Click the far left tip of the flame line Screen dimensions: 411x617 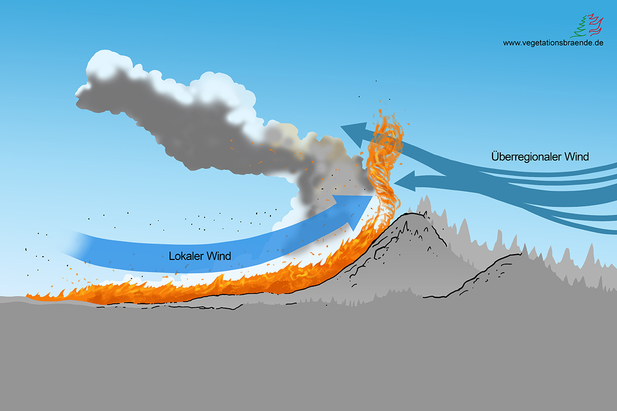pyautogui.click(x=29, y=296)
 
